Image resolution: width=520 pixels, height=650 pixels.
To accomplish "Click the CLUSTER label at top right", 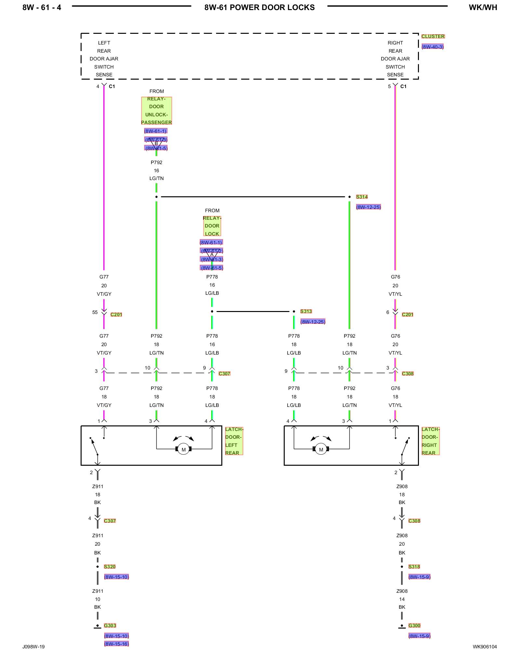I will click(433, 36).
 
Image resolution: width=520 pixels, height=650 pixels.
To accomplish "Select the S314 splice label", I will click(362, 197).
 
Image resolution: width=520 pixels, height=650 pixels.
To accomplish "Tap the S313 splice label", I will click(306, 311).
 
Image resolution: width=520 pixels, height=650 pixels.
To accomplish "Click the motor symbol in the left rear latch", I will click(184, 449).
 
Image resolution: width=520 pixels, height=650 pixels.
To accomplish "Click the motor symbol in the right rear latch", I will click(321, 449).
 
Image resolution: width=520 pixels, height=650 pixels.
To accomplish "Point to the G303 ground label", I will click(110, 626).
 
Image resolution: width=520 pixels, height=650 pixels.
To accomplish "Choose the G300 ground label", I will click(414, 626).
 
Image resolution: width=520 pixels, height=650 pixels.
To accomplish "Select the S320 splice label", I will click(110, 567).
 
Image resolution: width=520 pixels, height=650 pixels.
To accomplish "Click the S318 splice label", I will click(414, 567).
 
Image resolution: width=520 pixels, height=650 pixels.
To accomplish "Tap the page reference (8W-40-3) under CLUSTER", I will click(433, 47).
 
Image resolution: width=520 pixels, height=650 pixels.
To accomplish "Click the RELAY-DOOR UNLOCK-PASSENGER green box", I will click(156, 110).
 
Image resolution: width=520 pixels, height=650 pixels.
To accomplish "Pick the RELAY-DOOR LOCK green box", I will click(212, 226).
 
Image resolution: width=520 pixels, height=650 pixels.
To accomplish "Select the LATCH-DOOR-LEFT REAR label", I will click(234, 441).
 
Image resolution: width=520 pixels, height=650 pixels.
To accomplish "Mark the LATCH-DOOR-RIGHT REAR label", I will click(430, 441).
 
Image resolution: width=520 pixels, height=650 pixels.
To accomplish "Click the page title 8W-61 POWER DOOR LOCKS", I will click(259, 7).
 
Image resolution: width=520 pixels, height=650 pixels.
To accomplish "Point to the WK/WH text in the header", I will click(483, 7).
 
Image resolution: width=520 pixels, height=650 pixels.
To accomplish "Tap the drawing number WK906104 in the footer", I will click(485, 647).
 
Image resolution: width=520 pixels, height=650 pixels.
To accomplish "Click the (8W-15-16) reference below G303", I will click(116, 644).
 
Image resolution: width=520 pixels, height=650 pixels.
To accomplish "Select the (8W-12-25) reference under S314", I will click(368, 207).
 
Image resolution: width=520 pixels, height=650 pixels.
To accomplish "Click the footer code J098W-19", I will click(33, 647).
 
